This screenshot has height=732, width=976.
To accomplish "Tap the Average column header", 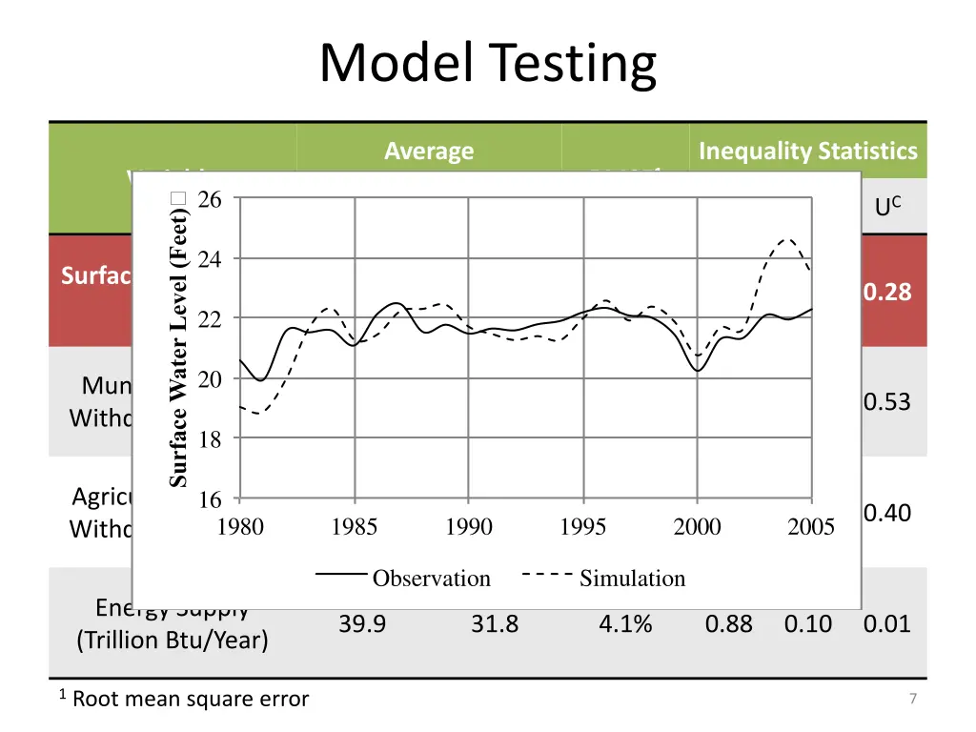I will click(x=429, y=151).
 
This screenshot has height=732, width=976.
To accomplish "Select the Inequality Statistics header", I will click(x=807, y=151).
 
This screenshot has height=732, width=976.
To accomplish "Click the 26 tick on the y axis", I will click(x=210, y=200).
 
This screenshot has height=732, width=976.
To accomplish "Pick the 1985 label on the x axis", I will click(x=355, y=527).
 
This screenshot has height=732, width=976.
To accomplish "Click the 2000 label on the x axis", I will click(x=697, y=527).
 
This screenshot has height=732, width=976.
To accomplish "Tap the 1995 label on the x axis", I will click(x=582, y=527).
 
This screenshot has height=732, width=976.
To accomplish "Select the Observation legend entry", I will click(x=431, y=579).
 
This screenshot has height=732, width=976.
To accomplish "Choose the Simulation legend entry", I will click(x=632, y=579).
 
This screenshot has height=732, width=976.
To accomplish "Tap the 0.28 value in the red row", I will click(x=887, y=292).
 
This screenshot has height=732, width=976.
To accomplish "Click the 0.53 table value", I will click(x=887, y=402).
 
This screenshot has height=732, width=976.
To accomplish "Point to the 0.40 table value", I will click(x=887, y=514).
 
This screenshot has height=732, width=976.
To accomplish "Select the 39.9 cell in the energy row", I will click(x=362, y=624).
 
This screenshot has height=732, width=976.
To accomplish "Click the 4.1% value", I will click(x=625, y=624).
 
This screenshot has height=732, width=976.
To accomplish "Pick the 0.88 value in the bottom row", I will click(x=729, y=624).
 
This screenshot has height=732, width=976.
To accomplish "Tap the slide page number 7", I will click(x=913, y=700).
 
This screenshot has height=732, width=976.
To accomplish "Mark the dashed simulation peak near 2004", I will click(x=787, y=240).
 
